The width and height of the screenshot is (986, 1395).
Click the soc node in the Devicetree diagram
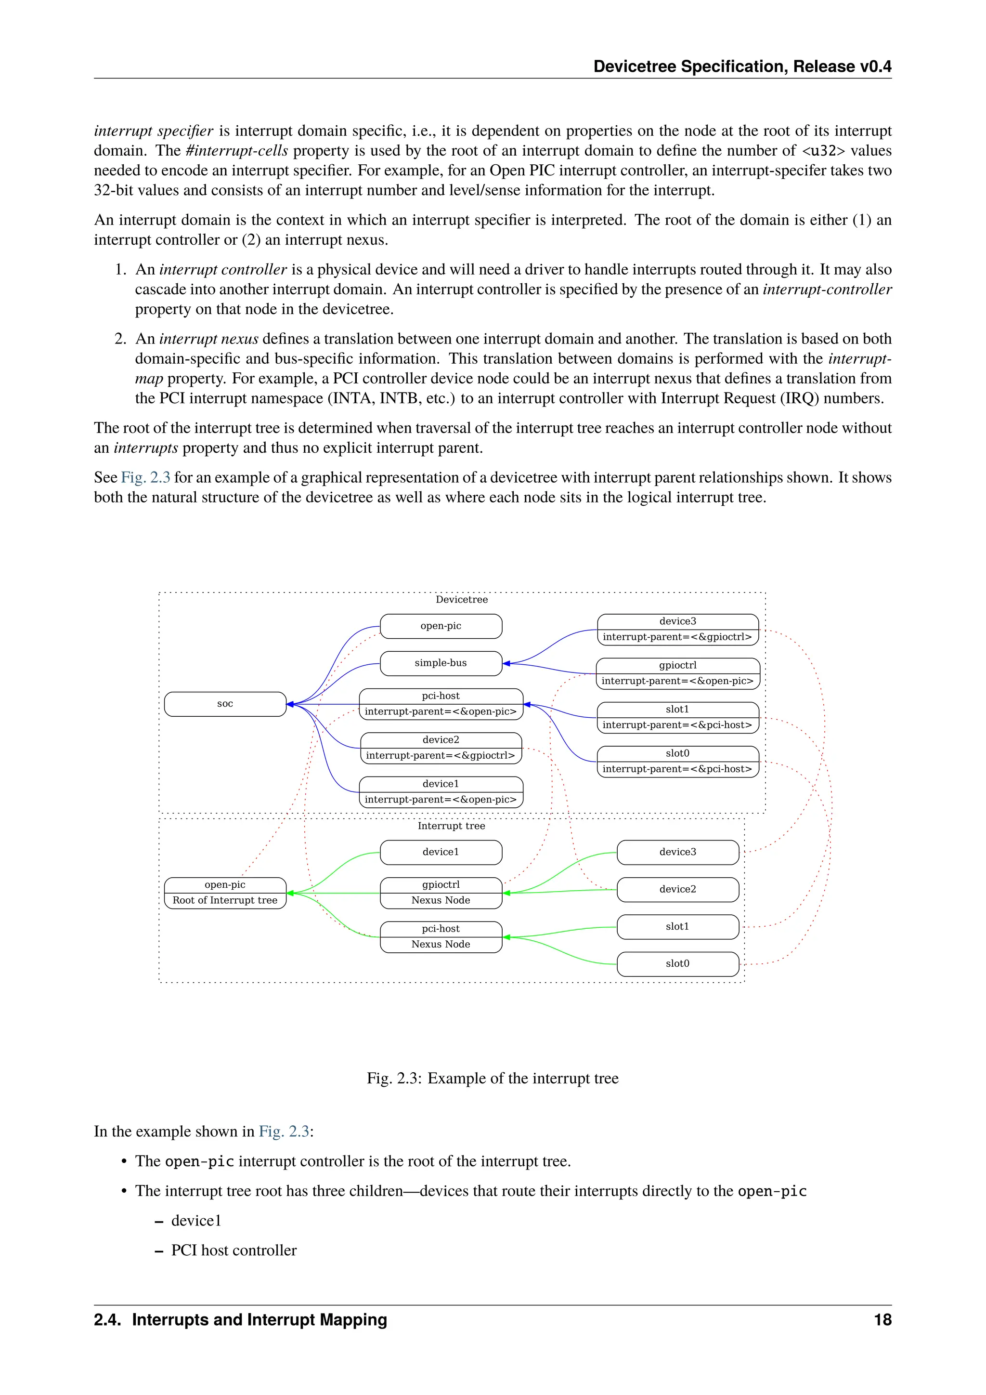[x=225, y=704]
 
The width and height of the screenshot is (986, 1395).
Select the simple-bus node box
[x=441, y=663]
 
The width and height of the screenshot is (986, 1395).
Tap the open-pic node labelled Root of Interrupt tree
[x=225, y=893]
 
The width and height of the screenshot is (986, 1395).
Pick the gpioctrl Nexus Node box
[x=441, y=893]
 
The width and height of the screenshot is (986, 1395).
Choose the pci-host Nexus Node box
[x=441, y=936]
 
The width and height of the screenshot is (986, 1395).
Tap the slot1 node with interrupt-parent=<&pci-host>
[x=677, y=717]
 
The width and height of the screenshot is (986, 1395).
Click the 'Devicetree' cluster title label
[x=461, y=600]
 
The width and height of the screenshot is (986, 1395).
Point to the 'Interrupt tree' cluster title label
[x=451, y=826]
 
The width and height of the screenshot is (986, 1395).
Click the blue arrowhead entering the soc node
[x=290, y=704]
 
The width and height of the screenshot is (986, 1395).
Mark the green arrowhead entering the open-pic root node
[x=290, y=893]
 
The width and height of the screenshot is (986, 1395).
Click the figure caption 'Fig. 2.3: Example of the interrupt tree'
[x=493, y=1078]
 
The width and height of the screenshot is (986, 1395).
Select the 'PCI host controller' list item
[x=234, y=1250]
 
